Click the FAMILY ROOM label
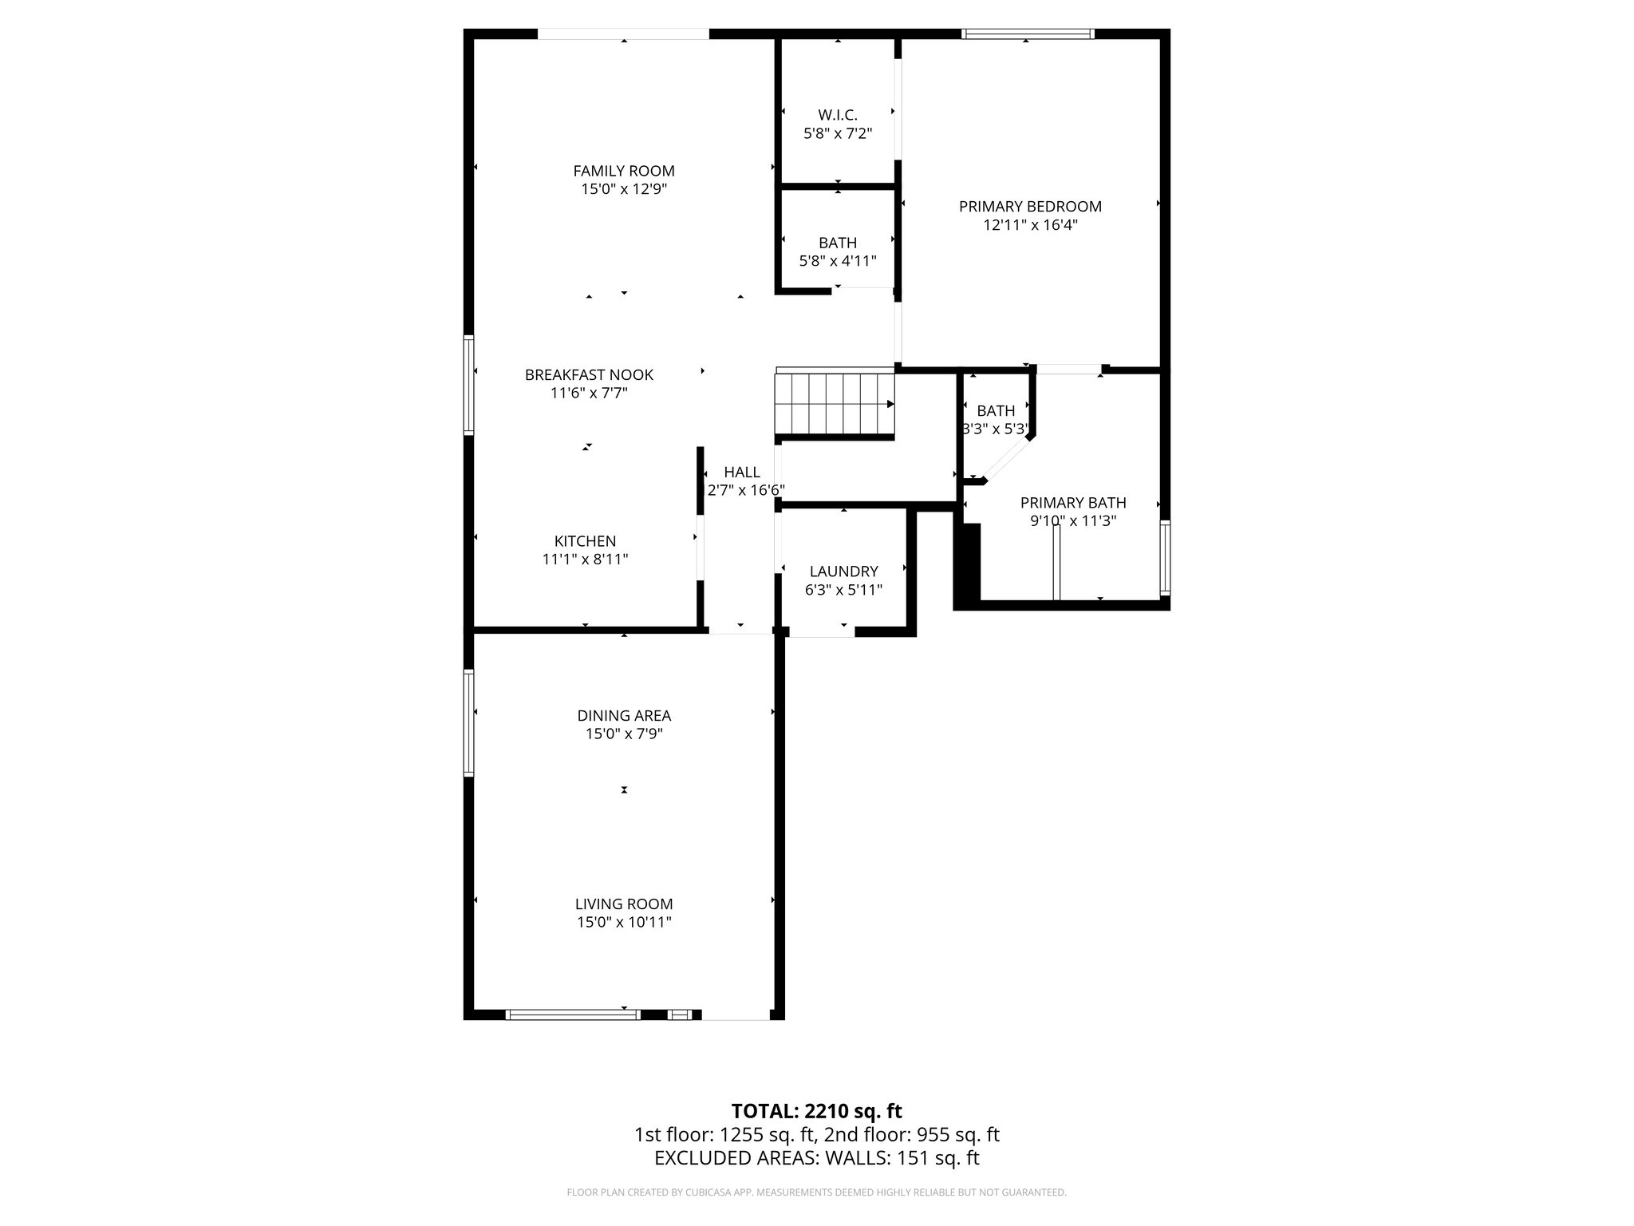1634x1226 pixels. (x=623, y=171)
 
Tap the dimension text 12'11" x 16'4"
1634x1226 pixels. (x=1030, y=225)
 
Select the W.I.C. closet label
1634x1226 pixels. (x=837, y=115)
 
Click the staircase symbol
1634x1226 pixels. (x=835, y=403)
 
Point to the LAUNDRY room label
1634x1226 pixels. (x=843, y=571)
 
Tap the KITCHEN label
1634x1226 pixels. (x=585, y=541)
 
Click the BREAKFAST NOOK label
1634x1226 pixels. (x=589, y=374)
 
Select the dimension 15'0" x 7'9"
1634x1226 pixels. (x=624, y=734)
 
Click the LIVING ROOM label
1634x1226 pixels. (x=624, y=904)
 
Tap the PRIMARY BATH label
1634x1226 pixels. (x=1073, y=503)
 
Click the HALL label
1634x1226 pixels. (x=742, y=472)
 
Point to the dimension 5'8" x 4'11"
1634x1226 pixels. (x=837, y=261)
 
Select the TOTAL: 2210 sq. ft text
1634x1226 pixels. (x=816, y=1110)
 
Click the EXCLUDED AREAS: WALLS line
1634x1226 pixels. (x=816, y=1157)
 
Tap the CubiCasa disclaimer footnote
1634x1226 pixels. (x=816, y=1192)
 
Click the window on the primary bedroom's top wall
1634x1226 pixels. (x=1028, y=34)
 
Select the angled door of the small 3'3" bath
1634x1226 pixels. (x=1005, y=459)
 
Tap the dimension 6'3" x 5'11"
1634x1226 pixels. (x=843, y=590)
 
